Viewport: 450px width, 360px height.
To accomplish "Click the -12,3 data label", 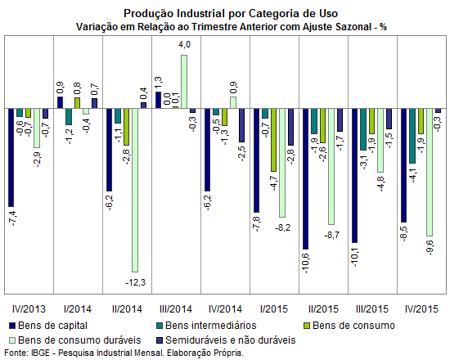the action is (136, 283).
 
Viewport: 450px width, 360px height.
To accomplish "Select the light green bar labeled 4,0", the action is (184, 82).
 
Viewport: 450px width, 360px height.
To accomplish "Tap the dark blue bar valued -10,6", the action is (306, 179).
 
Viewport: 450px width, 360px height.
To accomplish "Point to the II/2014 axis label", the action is (127, 309).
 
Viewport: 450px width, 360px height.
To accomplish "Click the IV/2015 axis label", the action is (421, 309).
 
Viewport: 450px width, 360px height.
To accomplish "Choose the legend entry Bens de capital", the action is (48, 326).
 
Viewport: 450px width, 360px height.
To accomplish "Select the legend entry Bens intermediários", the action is (207, 326).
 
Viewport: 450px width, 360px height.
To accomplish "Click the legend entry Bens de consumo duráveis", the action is (75, 340).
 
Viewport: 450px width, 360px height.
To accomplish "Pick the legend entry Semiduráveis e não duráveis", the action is (227, 340).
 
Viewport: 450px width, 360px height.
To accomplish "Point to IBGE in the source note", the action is (40, 353).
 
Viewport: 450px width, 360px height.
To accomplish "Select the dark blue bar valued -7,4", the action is (11, 158).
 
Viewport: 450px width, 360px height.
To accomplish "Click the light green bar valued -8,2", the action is (282, 163).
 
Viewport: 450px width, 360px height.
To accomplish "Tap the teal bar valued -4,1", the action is (412, 136).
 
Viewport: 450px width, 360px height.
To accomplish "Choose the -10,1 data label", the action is (355, 258).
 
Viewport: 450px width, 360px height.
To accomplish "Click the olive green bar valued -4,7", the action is (273, 140).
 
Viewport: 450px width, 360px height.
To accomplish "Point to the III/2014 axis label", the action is (176, 309).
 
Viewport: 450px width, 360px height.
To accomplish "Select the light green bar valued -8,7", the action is (331, 167).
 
